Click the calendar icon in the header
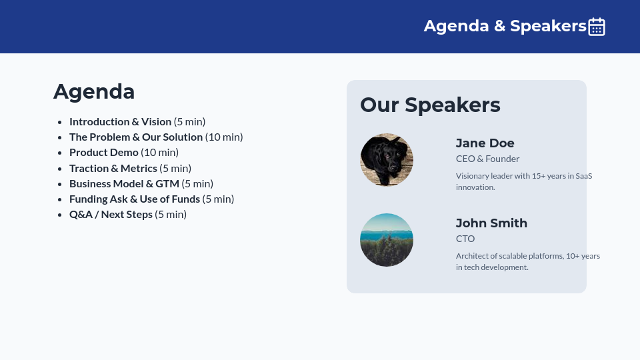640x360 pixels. (597, 27)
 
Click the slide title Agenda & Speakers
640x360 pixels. (505, 26)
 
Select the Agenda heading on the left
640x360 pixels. (94, 91)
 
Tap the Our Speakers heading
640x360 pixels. (430, 105)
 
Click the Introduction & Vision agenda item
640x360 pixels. (120, 121)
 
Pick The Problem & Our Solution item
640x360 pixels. (137, 137)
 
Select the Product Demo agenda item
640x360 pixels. (104, 152)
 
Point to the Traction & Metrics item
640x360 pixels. (113, 168)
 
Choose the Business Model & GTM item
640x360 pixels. (124, 183)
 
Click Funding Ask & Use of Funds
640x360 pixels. (135, 199)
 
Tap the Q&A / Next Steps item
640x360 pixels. (111, 214)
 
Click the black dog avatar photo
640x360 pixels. (387, 160)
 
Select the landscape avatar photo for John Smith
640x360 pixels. (387, 240)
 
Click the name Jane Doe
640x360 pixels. (485, 143)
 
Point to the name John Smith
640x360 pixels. (491, 223)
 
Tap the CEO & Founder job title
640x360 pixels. (487, 159)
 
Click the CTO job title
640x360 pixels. (465, 239)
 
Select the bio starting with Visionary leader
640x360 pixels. (524, 181)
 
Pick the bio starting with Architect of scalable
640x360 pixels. (527, 261)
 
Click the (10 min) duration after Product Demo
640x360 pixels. (160, 152)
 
